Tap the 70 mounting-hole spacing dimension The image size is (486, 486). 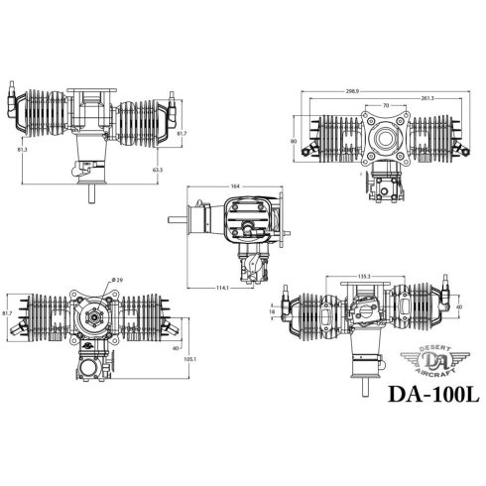coord(385,105)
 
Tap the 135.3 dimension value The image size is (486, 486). coord(363,278)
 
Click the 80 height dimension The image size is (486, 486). coord(295,141)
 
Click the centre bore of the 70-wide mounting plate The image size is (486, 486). coord(384,139)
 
